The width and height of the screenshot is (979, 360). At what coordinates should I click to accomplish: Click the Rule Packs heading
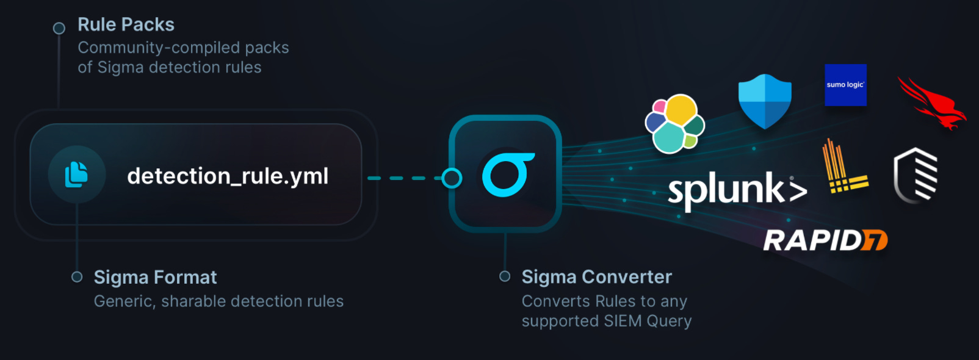[126, 24]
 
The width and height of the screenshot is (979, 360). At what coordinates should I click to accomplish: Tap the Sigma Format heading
[155, 277]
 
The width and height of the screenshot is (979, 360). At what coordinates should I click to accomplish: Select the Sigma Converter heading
[596, 277]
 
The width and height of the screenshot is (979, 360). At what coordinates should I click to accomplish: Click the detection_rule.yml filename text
[228, 176]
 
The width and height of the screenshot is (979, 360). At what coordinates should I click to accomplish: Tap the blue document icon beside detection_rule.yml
[76, 175]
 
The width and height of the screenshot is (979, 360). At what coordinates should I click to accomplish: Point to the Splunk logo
[737, 189]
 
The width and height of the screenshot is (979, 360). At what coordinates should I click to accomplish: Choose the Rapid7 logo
[825, 240]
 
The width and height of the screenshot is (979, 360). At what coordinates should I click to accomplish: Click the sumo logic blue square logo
[845, 85]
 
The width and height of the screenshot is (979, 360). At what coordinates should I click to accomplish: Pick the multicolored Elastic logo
[675, 124]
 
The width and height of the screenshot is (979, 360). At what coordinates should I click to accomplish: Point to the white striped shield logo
[916, 175]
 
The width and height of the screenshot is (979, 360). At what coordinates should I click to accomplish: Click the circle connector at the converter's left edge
[452, 178]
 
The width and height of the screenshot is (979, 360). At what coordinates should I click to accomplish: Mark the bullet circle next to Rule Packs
[59, 28]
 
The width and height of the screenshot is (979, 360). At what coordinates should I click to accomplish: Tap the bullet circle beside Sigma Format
[77, 277]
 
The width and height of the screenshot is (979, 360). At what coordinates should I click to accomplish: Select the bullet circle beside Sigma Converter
[505, 276]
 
